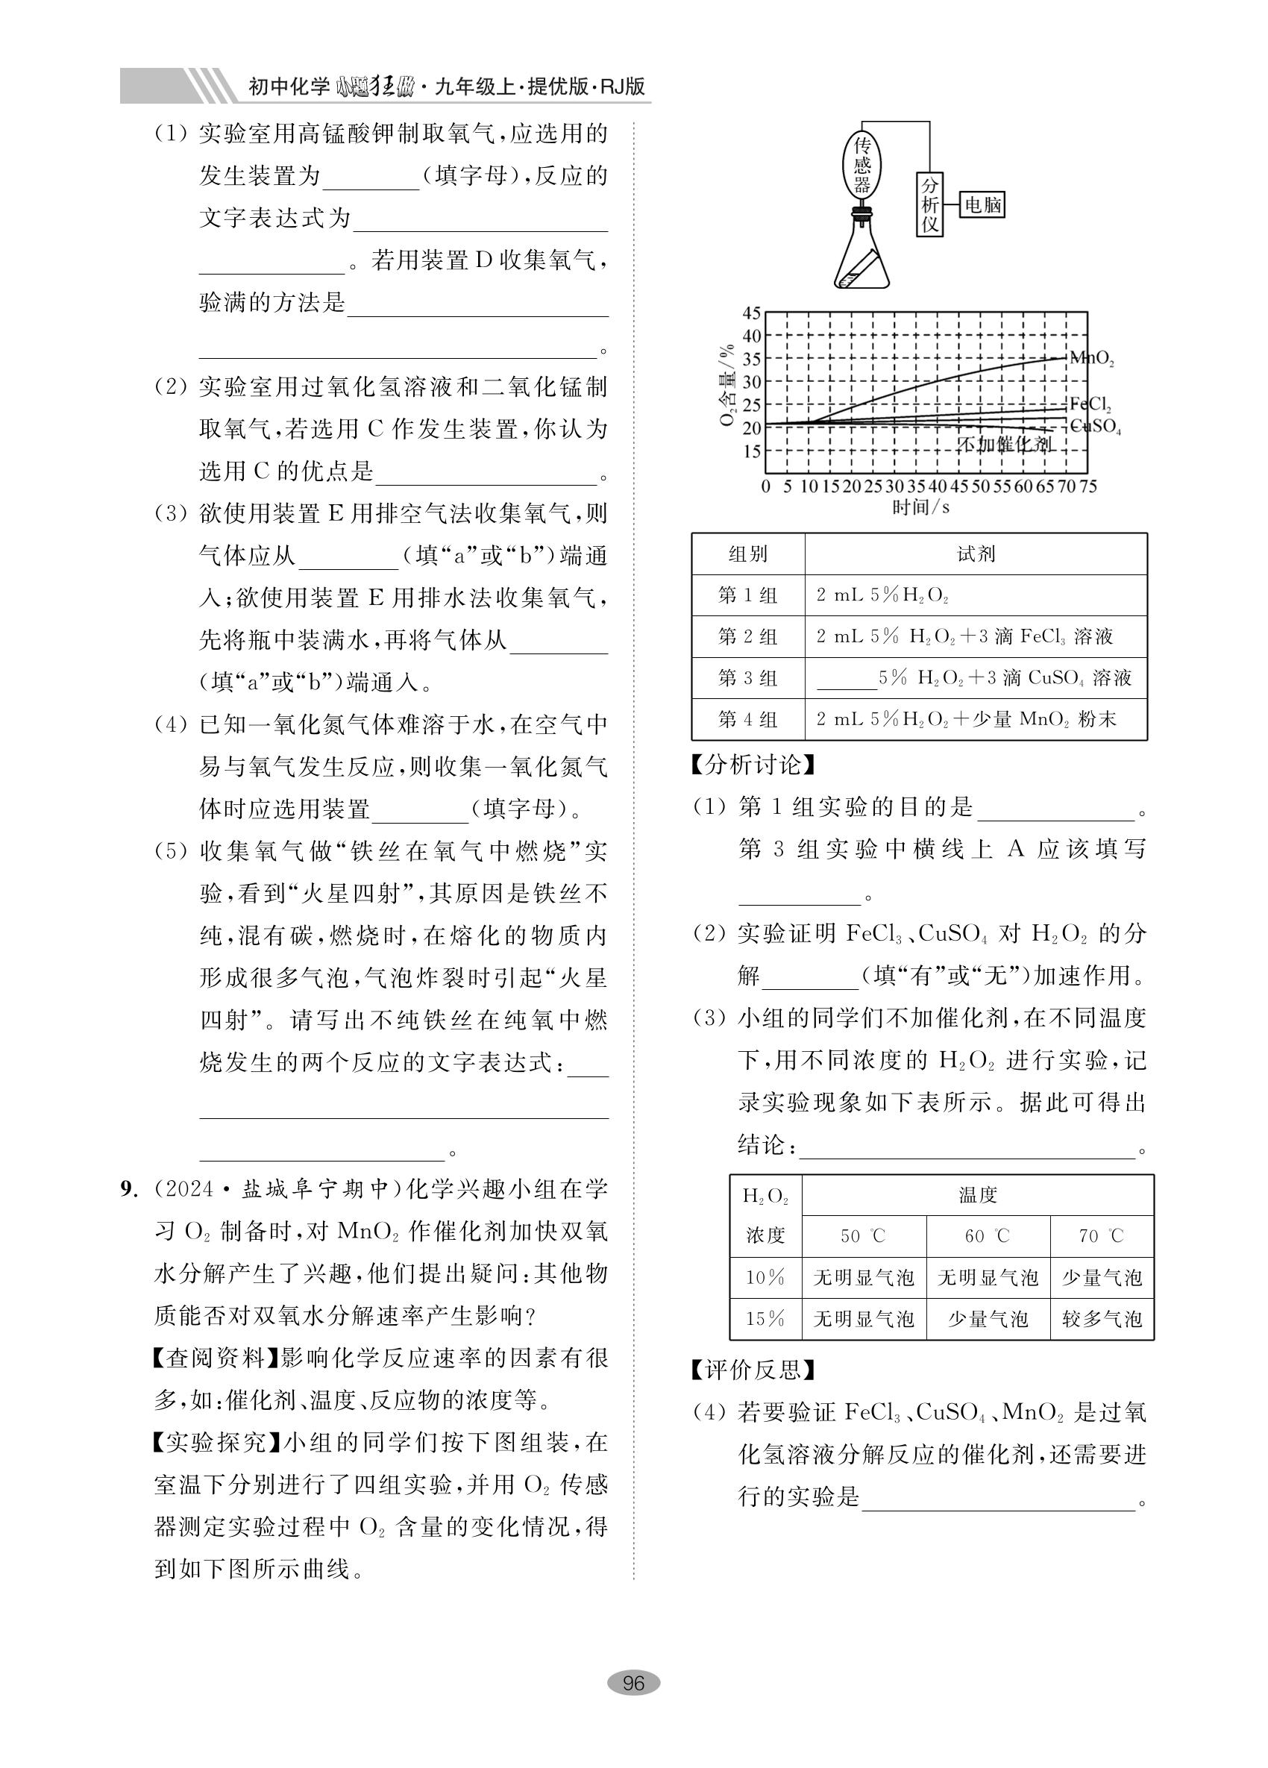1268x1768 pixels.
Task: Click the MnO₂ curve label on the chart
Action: [1092, 359]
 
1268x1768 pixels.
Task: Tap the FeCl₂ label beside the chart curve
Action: [1090, 404]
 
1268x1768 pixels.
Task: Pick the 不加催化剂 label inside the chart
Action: [1004, 445]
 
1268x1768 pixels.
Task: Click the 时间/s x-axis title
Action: [921, 507]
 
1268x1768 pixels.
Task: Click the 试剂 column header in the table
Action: [976, 554]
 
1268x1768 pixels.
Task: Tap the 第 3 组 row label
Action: [747, 678]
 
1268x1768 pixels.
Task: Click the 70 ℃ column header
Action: [1101, 1235]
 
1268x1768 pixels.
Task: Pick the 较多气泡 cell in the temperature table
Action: [1101, 1319]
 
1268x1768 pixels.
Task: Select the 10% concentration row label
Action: [765, 1278]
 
